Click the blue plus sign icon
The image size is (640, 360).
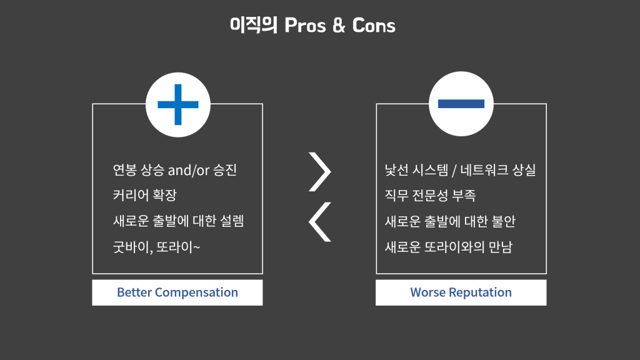click(x=177, y=104)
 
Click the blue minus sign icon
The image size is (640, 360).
click(x=461, y=104)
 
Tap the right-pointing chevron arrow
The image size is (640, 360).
click(x=321, y=171)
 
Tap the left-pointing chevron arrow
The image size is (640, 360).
click(x=321, y=221)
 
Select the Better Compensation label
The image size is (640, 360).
click(x=177, y=292)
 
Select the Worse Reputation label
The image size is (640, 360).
click(x=461, y=292)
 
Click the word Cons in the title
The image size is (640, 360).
click(x=374, y=26)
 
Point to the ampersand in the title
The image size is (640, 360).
click(x=338, y=26)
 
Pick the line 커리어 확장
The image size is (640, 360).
click(x=145, y=196)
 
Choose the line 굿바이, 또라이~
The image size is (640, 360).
click(x=157, y=247)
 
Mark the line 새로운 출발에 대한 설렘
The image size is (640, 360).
click(x=177, y=221)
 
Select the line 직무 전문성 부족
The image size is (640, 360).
click(x=431, y=196)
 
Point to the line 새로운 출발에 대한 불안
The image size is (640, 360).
click(x=450, y=221)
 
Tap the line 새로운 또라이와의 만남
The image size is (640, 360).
click(x=449, y=247)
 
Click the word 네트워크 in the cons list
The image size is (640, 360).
click(x=484, y=170)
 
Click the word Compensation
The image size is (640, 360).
click(x=196, y=292)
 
